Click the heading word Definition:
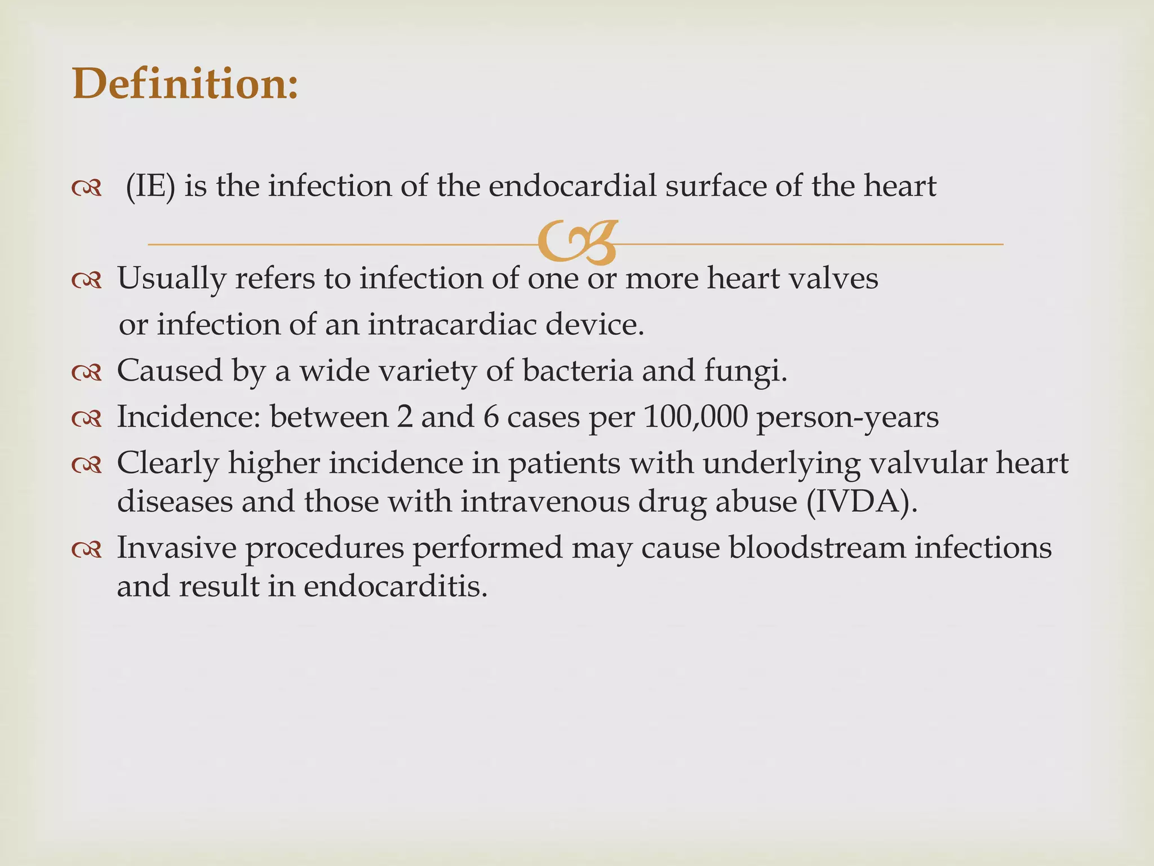pyautogui.click(x=185, y=83)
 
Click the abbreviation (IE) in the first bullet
pyautogui.click(x=150, y=186)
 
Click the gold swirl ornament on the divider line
pyautogui.click(x=576, y=243)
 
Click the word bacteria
pyautogui.click(x=578, y=371)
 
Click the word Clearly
pyautogui.click(x=168, y=464)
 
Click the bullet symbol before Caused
pyautogui.click(x=87, y=373)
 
